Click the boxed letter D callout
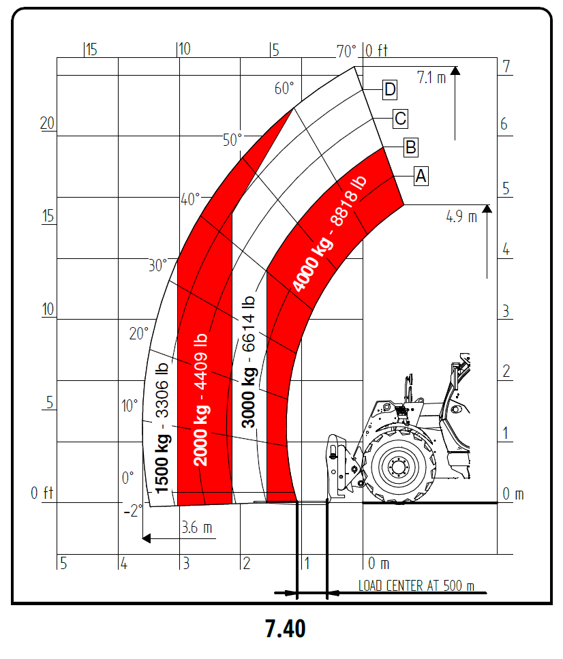click(x=390, y=89)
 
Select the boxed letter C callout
click(x=400, y=119)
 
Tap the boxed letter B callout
click(x=411, y=147)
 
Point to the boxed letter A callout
click(x=421, y=176)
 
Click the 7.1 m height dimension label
click(x=431, y=78)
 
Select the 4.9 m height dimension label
click(x=461, y=217)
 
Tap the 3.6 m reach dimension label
click(x=197, y=527)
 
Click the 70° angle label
click(x=346, y=51)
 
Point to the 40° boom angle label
click(x=190, y=199)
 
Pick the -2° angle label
click(x=133, y=510)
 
